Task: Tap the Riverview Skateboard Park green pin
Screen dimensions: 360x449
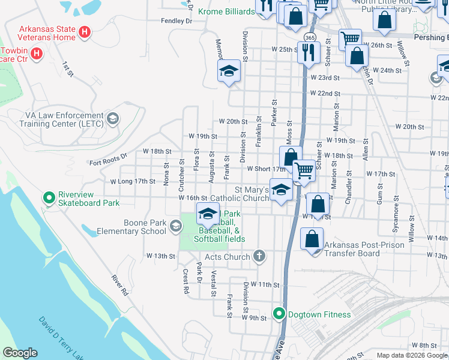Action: point(49,197)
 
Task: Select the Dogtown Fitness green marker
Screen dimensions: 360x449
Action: point(279,313)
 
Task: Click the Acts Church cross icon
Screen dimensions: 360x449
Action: point(259,257)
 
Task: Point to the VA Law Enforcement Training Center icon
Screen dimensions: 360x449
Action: point(112,119)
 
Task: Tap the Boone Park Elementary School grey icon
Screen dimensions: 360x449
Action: point(175,226)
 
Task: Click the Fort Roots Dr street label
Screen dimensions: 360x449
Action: point(109,159)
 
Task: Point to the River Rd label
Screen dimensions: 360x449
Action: point(120,286)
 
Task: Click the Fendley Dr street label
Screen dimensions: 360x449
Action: point(176,21)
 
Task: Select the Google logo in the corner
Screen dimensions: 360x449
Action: point(20,353)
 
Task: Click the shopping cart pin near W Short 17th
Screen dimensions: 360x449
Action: point(304,171)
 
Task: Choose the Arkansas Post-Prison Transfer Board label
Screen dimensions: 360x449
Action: point(352,249)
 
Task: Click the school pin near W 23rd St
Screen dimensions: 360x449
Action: point(229,71)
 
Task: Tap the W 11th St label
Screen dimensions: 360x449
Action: point(265,284)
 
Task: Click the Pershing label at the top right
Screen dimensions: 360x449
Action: point(432,36)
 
